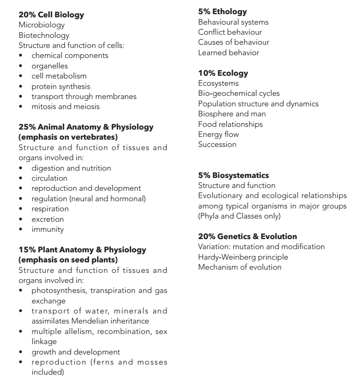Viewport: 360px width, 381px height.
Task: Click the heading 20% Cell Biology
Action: pyautogui.click(x=51, y=15)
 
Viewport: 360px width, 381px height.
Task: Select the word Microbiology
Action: pyautogui.click(x=41, y=25)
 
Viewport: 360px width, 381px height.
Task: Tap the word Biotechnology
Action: pyautogui.click(x=44, y=35)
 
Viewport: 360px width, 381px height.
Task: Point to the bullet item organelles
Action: pyautogui.click(x=49, y=66)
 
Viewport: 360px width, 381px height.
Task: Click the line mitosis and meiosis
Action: pyautogui.click(x=65, y=106)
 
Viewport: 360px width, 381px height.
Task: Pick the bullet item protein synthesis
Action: pyautogui.click(x=61, y=86)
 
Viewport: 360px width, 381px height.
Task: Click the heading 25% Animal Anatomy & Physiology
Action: pyautogui.click(x=86, y=127)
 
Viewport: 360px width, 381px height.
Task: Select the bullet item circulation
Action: pyautogui.click(x=49, y=178)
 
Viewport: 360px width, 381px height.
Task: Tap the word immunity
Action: pyautogui.click(x=47, y=229)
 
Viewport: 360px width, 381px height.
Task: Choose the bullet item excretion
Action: pyautogui.click(x=48, y=219)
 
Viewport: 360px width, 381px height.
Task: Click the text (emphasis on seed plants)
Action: pyautogui.click(x=68, y=260)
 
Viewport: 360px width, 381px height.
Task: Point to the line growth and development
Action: pyautogui.click(x=76, y=352)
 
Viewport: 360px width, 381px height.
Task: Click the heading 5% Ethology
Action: pyautogui.click(x=222, y=12)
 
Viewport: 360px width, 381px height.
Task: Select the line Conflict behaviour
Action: pyautogui.click(x=230, y=32)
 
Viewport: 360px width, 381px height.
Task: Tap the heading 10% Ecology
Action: pyautogui.click(x=223, y=73)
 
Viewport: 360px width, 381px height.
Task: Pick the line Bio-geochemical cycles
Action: pyautogui.click(x=239, y=93)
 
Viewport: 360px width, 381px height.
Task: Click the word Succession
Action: pyautogui.click(x=217, y=144)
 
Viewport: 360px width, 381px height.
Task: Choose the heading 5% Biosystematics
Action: pyautogui.click(x=233, y=175)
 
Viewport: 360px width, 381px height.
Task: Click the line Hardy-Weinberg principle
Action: pyautogui.click(x=243, y=257)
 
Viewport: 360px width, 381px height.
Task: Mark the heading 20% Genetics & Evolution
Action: pyautogui.click(x=247, y=236)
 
